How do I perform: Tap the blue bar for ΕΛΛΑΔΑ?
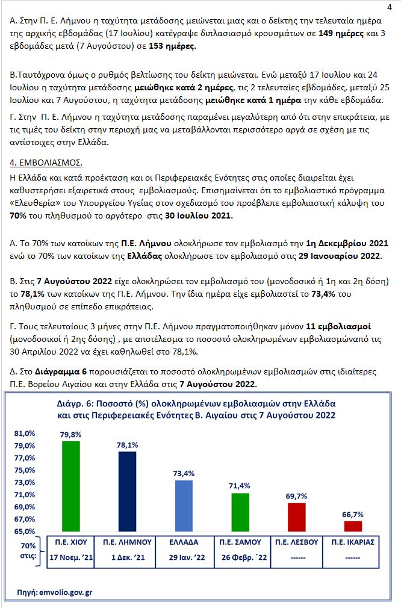pyautogui.click(x=184, y=506)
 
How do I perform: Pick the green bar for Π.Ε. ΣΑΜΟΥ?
pyautogui.click(x=241, y=512)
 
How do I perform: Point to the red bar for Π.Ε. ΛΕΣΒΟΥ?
pyautogui.click(x=297, y=517)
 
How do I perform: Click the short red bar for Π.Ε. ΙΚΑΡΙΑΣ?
pyautogui.click(x=353, y=526)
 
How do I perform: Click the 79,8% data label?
pyautogui.click(x=72, y=435)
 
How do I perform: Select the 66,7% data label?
pyautogui.click(x=353, y=515)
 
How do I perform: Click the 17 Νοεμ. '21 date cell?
pyautogui.click(x=72, y=559)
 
